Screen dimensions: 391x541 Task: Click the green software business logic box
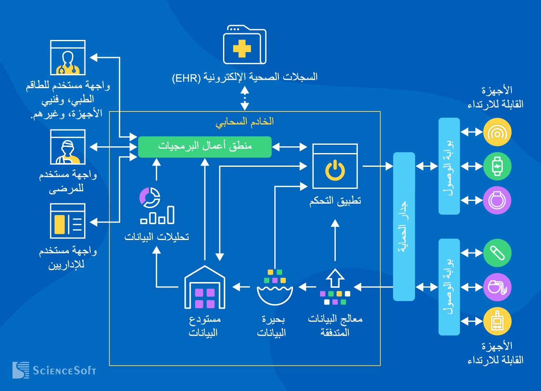(205, 147)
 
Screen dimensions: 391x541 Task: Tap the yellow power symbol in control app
(335, 171)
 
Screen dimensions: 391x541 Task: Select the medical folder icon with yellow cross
(244, 45)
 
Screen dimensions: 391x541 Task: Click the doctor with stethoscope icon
(68, 58)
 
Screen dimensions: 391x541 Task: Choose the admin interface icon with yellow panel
(68, 221)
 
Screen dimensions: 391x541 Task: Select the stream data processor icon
(335, 287)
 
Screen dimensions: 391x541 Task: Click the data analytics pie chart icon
(156, 205)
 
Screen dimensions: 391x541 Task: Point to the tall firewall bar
(404, 226)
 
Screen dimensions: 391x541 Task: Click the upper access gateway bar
(449, 166)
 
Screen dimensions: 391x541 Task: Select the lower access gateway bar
(449, 287)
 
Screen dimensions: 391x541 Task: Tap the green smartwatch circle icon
(497, 166)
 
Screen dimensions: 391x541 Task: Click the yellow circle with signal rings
(497, 132)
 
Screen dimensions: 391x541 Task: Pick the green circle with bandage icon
(497, 253)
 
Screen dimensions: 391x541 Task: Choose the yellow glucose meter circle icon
(497, 321)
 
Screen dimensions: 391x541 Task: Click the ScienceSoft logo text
(64, 370)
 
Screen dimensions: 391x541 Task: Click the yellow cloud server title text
(245, 121)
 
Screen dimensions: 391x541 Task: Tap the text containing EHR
(245, 77)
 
